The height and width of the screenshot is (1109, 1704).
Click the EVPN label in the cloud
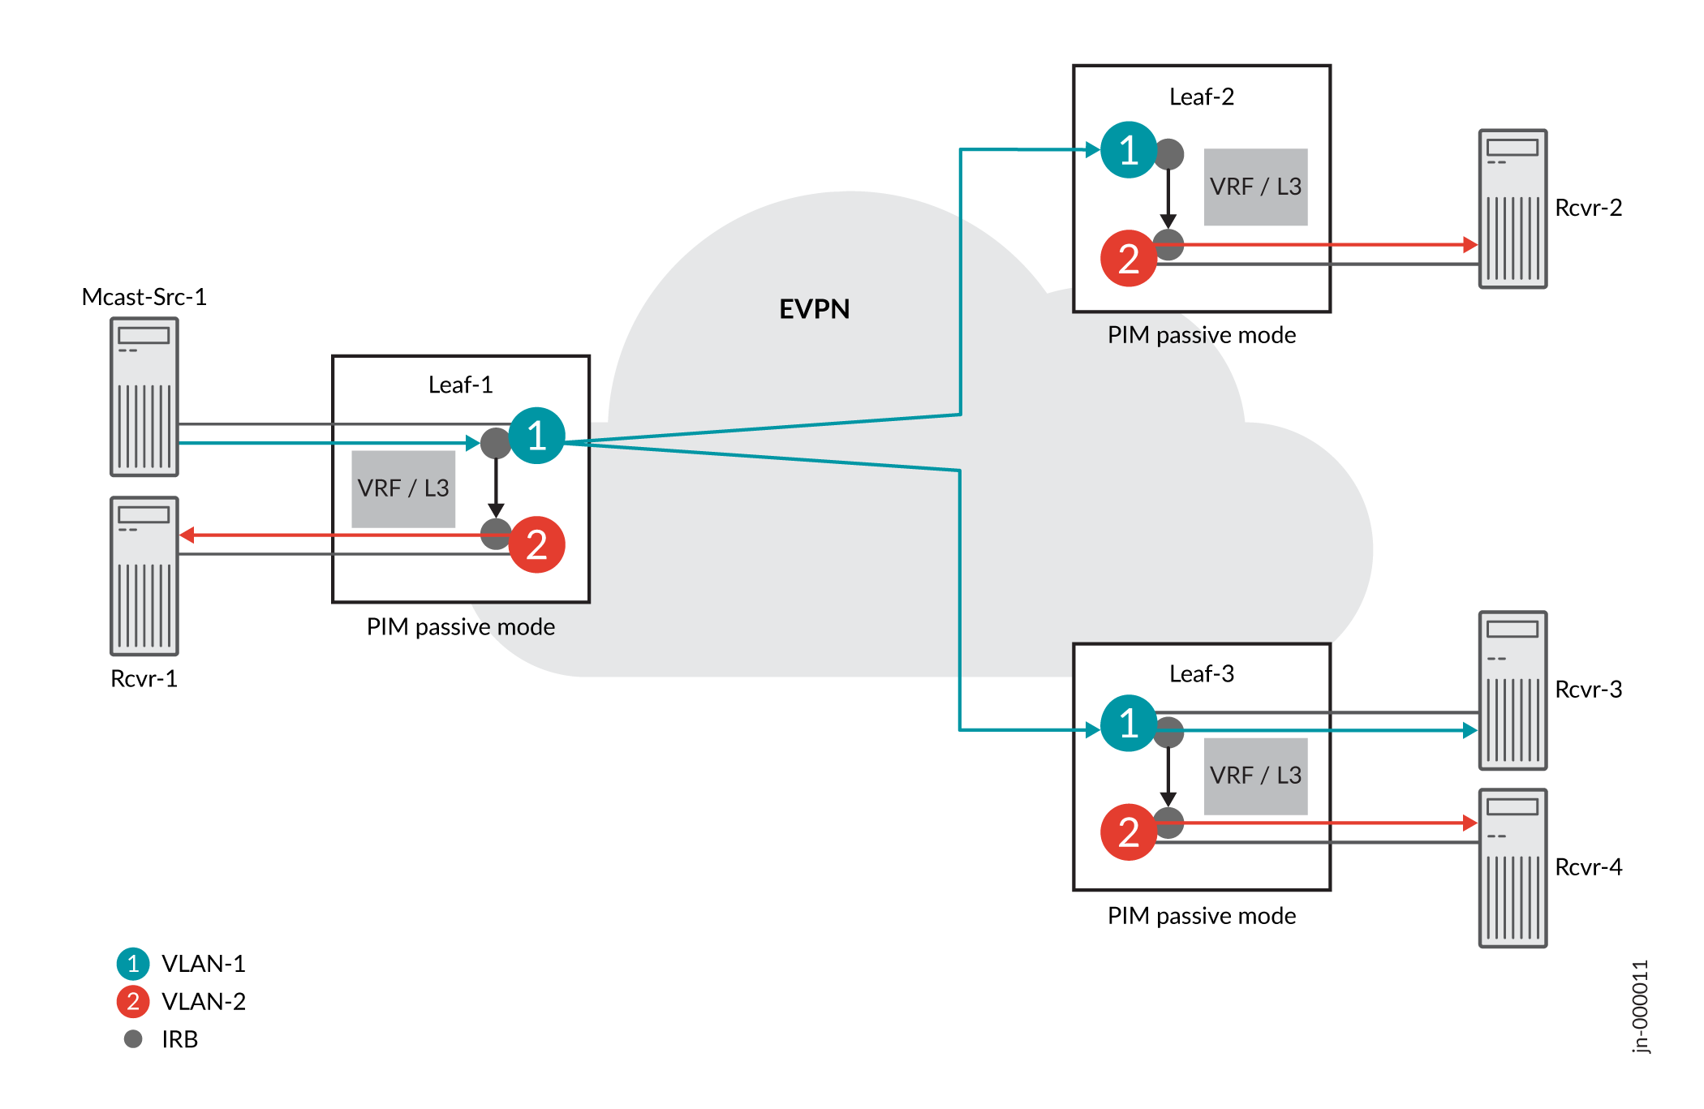pyautogui.click(x=814, y=309)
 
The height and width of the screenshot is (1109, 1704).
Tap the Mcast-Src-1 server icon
pyautogui.click(x=144, y=397)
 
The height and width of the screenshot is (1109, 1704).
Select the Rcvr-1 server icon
pyautogui.click(x=144, y=576)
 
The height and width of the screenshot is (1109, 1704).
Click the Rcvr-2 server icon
pyautogui.click(x=1513, y=208)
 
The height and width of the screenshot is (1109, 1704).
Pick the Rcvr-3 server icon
pyautogui.click(x=1513, y=690)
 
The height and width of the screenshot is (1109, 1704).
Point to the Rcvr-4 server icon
pyautogui.click(x=1513, y=868)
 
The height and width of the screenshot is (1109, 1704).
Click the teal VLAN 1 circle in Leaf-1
pyautogui.click(x=536, y=436)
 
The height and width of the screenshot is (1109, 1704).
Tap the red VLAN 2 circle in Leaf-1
pyautogui.click(x=536, y=544)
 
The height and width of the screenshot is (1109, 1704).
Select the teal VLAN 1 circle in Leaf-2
pyautogui.click(x=1128, y=150)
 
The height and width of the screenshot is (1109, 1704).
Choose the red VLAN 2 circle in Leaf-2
pyautogui.click(x=1128, y=259)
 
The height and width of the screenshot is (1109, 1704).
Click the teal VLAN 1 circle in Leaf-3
pyautogui.click(x=1128, y=723)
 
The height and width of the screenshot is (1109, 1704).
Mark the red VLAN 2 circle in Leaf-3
pyautogui.click(x=1128, y=832)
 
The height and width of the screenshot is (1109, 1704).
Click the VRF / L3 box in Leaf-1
pyautogui.click(x=403, y=488)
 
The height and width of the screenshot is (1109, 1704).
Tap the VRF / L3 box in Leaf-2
pyautogui.click(x=1255, y=187)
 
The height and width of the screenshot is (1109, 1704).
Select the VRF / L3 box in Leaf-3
pyautogui.click(x=1255, y=776)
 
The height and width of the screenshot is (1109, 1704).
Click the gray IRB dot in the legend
pyautogui.click(x=133, y=1038)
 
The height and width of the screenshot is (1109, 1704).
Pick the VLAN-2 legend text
pyautogui.click(x=203, y=1002)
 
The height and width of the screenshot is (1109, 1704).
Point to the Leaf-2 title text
pyautogui.click(x=1201, y=97)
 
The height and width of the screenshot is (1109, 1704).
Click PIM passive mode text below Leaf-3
pyautogui.click(x=1201, y=916)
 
